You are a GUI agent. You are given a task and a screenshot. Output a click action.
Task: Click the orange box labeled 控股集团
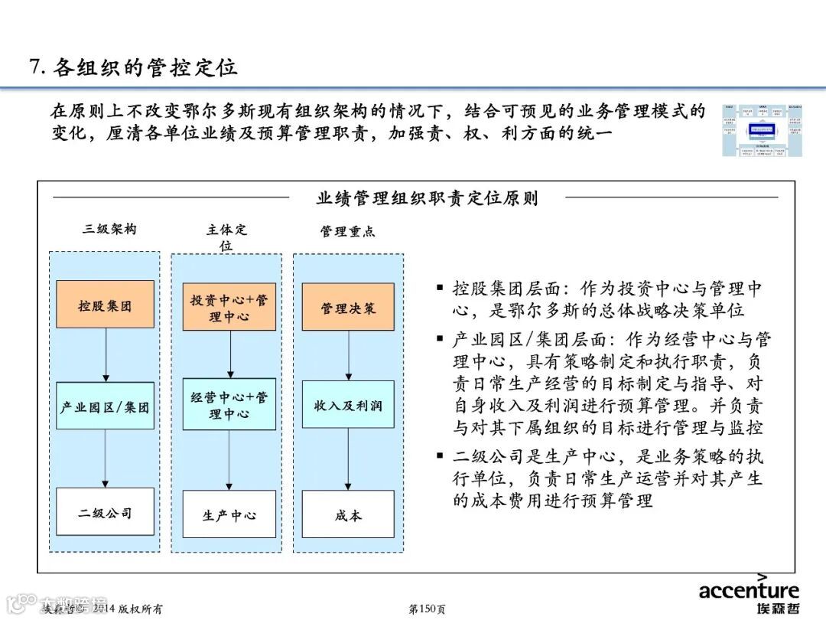click(x=105, y=305)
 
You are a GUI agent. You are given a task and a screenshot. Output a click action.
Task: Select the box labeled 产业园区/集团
click(x=105, y=406)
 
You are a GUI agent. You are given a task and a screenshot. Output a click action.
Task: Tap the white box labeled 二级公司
click(x=105, y=511)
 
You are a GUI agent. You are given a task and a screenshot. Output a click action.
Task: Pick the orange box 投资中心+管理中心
click(x=229, y=307)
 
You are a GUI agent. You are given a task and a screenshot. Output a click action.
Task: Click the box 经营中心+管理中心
click(x=229, y=404)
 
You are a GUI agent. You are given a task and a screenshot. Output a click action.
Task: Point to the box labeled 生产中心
click(x=229, y=514)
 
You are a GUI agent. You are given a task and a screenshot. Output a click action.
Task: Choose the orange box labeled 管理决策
click(x=348, y=307)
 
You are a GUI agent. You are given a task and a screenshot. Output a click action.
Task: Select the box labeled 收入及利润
click(x=348, y=405)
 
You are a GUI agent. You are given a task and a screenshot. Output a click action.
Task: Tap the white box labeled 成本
click(x=348, y=514)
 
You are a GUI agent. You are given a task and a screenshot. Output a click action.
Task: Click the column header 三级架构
click(x=110, y=229)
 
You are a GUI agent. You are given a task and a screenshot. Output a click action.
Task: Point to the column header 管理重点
click(x=348, y=231)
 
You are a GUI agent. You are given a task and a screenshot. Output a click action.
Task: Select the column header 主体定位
click(x=226, y=237)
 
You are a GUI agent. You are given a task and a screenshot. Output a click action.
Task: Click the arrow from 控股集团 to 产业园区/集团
click(x=106, y=355)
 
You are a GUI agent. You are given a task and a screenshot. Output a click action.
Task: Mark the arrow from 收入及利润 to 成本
click(x=348, y=459)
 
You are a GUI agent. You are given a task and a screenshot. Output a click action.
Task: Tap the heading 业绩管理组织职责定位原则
click(x=427, y=198)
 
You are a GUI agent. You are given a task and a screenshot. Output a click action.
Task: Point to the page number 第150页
click(x=428, y=609)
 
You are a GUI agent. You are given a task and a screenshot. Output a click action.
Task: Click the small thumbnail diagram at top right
click(x=762, y=131)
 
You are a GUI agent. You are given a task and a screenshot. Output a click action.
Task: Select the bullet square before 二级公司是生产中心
click(x=440, y=455)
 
